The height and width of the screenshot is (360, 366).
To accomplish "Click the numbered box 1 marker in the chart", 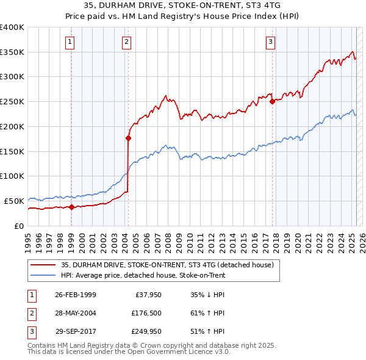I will pos(71,42).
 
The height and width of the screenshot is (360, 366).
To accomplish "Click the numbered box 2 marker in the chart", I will pos(126,42).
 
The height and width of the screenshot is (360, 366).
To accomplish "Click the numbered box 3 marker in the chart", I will pos(270,42).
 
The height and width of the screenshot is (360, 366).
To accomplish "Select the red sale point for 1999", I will pos(71,207).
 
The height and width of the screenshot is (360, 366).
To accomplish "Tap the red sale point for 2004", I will pos(128,138).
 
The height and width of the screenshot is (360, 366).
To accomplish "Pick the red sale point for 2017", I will pos(272,102).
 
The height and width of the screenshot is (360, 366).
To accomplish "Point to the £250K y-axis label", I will pos(12,101).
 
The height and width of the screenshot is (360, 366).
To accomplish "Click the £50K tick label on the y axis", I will pos(14,201).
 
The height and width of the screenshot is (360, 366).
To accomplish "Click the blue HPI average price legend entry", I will pos(143,275).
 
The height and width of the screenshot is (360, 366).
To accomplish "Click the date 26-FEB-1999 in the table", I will pos(76,295).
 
